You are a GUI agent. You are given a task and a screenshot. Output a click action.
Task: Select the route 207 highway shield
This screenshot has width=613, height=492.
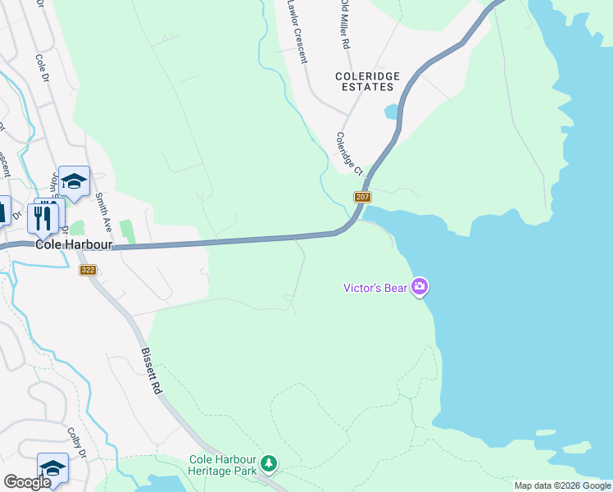click(363, 198)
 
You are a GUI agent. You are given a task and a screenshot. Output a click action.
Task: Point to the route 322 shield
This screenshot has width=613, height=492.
click(89, 270)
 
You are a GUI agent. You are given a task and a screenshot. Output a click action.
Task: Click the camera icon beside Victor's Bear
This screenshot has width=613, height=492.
click(420, 286)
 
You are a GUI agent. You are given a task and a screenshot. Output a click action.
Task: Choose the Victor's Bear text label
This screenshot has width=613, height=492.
click(377, 287)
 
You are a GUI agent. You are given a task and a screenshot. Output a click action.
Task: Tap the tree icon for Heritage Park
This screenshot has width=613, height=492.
click(269, 466)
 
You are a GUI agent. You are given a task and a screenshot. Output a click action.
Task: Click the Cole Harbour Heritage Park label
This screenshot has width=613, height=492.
click(223, 466)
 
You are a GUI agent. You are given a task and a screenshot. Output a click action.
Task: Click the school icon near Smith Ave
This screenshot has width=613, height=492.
click(74, 182)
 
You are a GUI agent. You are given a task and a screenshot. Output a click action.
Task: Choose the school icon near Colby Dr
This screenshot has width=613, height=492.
click(52, 469)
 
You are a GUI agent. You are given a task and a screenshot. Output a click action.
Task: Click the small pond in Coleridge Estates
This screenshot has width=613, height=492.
click(392, 111)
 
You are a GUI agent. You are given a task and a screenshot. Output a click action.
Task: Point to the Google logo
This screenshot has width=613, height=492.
click(28, 482)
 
